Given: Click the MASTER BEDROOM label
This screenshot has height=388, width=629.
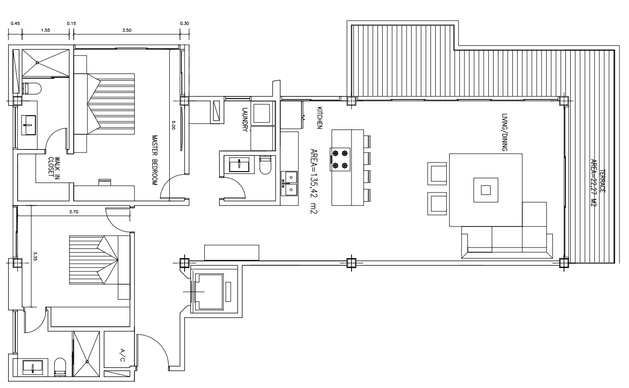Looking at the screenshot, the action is tap(154, 160).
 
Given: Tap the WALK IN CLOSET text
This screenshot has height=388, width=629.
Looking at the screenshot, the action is tap(54, 166).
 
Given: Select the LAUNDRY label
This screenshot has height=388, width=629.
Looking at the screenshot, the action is tap(245, 120).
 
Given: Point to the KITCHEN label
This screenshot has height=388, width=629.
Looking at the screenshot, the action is tap(319, 118).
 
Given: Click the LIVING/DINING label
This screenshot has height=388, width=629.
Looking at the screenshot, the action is tap(505, 132).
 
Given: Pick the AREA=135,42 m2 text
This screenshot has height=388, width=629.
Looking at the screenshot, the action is tap(314, 181).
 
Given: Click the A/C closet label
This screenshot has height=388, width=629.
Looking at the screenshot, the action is tap(122, 355).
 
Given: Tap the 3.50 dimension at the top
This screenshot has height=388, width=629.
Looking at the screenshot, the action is tap(127, 30).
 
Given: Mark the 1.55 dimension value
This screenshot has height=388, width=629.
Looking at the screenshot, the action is tap(45, 30).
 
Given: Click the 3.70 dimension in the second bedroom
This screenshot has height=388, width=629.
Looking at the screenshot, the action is tap(74, 212).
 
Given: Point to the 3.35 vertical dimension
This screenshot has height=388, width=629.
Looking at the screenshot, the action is tap(35, 256).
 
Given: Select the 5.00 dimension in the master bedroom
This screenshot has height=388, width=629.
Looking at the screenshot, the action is tap(173, 125).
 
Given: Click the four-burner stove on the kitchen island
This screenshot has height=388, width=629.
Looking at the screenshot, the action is tap(340, 159).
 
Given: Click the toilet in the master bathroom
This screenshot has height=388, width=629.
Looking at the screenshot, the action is tap(32, 88).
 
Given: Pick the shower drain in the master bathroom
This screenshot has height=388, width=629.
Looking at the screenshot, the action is tap(37, 63).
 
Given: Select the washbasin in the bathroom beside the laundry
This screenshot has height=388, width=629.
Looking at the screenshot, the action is tap(239, 165).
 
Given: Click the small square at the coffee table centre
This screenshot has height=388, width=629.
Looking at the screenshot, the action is tap(486, 190).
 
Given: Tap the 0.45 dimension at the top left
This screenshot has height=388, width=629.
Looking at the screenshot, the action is tap(15, 23).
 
